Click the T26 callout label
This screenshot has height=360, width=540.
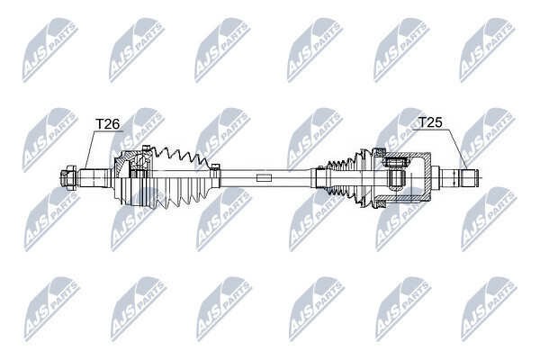tap(107, 124)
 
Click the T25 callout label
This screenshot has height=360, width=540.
tap(430, 122)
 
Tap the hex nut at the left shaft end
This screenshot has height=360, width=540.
tap(67, 178)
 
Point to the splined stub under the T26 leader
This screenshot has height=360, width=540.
tap(93, 178)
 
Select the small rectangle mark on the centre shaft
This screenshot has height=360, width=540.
tap(264, 178)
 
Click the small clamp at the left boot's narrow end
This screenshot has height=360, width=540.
tap(215, 166)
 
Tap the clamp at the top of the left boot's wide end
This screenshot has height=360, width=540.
tap(147, 148)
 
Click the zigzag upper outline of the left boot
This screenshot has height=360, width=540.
tap(180, 156)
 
